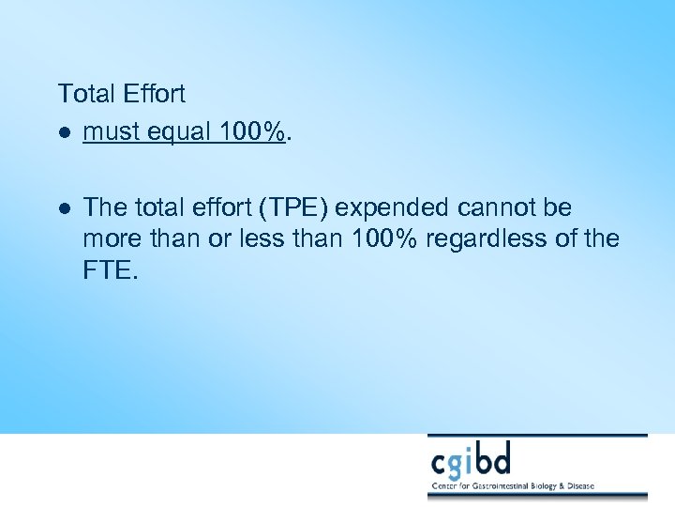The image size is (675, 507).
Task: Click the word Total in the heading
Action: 85,94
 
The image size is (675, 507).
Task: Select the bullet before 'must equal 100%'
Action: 63,133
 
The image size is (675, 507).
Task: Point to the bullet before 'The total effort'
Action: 63,207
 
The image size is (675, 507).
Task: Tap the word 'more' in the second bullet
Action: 111,238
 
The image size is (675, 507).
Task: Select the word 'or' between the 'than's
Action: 219,238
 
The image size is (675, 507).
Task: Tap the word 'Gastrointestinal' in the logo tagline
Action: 506,487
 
